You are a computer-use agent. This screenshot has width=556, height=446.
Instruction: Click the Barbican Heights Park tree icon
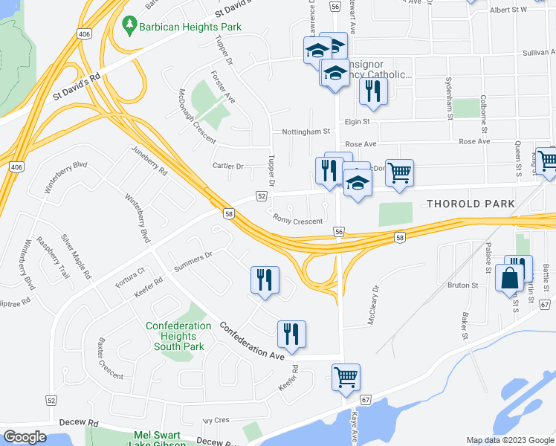pos(130,25)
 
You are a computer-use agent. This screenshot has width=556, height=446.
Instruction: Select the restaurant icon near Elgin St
pos(372,90)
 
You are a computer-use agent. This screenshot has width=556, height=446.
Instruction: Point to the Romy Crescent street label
pos(298,221)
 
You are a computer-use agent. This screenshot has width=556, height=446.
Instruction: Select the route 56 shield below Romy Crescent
pos(339,233)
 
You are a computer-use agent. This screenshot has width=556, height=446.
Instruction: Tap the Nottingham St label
pos(306,132)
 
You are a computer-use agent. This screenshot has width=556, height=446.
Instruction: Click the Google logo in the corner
pos(25,437)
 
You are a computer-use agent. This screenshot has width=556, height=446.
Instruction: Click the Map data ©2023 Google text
pos(509,440)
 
